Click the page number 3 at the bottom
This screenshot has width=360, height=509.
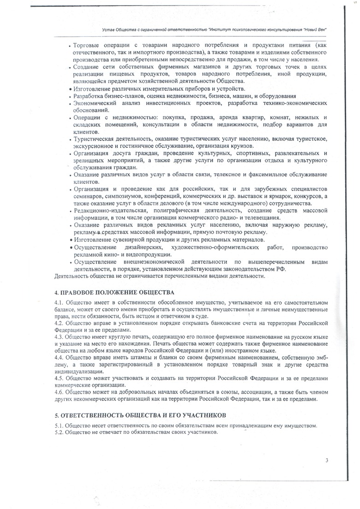click(x=326, y=460)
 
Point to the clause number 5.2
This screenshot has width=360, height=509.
click(x=59, y=433)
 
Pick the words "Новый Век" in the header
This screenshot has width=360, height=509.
click(x=315, y=29)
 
